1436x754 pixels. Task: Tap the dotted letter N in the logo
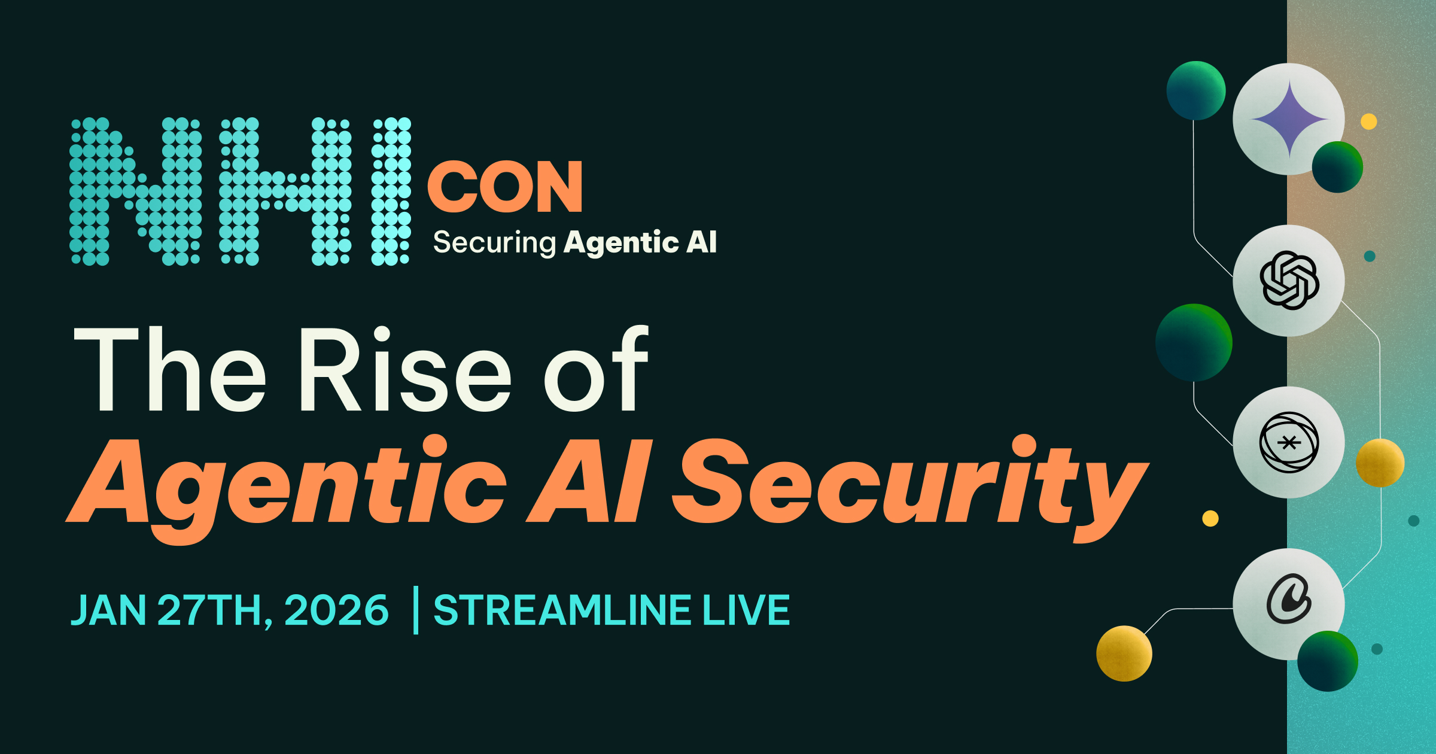pos(136,191)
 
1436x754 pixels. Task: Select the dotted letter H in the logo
pos(285,191)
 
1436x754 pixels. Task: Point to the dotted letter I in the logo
pos(391,191)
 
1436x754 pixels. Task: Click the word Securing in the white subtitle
pos(495,243)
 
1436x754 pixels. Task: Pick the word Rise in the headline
pos(405,370)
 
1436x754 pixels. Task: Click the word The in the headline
pos(169,370)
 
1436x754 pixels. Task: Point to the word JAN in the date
pos(108,610)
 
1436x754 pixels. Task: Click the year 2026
pos(336,610)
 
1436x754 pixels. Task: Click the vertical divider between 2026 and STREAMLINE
pos(416,610)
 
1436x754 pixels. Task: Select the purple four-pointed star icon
pos(1289,120)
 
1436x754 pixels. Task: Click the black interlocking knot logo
pos(1289,280)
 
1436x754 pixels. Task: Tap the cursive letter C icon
pos(1288,600)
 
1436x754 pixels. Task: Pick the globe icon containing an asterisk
pos(1289,442)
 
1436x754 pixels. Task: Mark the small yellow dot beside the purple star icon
pos(1369,121)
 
